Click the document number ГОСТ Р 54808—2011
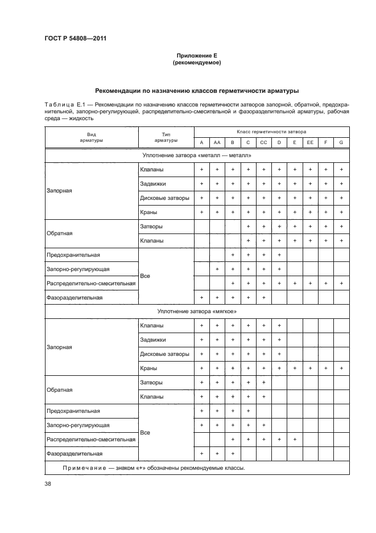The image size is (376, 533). click(x=75, y=39)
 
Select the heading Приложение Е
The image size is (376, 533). click(x=196, y=56)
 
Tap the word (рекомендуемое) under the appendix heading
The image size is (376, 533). click(x=196, y=63)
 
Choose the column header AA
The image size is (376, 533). click(x=217, y=142)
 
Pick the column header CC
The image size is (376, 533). click(x=263, y=142)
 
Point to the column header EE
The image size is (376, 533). click(x=310, y=142)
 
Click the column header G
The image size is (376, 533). click(x=341, y=142)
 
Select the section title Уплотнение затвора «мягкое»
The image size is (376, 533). click(x=196, y=311)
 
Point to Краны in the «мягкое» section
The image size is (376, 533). click(x=148, y=368)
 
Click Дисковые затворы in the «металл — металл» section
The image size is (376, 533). click(x=164, y=198)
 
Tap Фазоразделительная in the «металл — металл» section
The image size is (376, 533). click(x=75, y=297)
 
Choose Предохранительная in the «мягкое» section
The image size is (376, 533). click(x=73, y=411)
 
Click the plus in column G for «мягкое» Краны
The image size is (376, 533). click(x=341, y=368)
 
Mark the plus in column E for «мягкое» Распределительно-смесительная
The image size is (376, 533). click(x=295, y=439)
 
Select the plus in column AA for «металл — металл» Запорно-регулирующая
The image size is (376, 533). click(x=217, y=269)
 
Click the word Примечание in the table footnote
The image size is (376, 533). click(x=83, y=468)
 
